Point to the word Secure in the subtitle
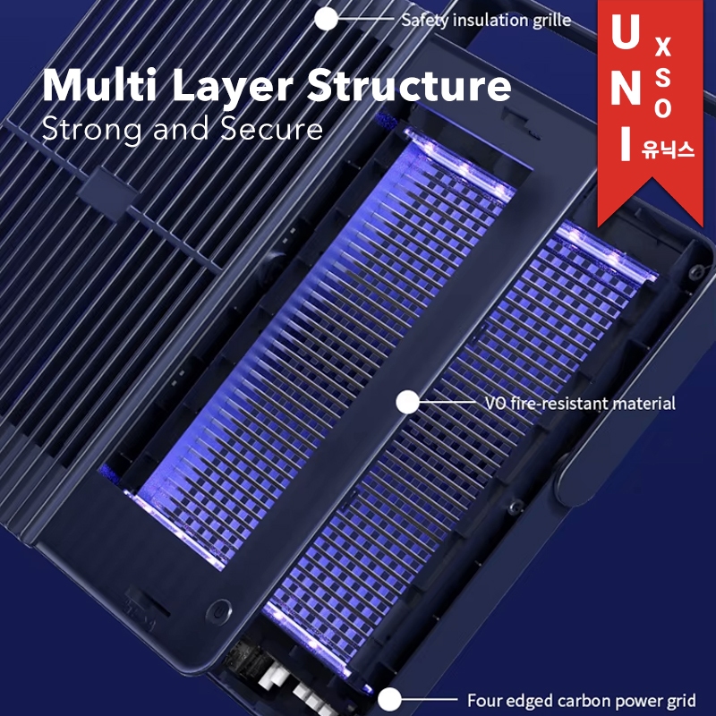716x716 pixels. [x=274, y=129]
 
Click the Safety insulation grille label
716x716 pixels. [x=486, y=20]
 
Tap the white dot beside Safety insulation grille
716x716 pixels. [x=327, y=18]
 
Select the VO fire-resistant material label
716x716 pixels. [x=579, y=404]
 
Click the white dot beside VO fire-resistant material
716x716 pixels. [x=408, y=403]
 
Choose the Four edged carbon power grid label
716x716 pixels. [x=582, y=701]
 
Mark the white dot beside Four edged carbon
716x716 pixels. [x=389, y=700]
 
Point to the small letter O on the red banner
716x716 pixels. [x=663, y=108]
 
